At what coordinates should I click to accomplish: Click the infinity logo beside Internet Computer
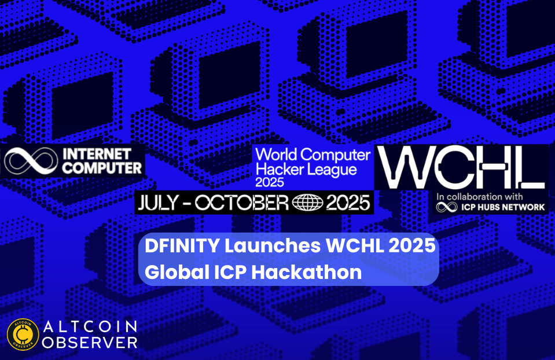(x=31, y=161)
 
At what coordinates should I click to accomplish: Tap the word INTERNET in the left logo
(x=97, y=154)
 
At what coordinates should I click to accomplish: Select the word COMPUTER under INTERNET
(x=102, y=168)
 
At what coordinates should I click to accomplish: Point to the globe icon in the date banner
(x=307, y=203)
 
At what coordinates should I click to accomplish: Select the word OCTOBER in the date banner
(x=242, y=203)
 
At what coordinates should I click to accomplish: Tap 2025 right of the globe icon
(x=348, y=203)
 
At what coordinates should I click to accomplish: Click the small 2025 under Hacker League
(x=270, y=182)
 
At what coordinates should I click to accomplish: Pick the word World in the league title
(x=277, y=155)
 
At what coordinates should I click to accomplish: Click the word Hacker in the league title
(x=275, y=169)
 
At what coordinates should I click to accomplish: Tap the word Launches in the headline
(x=273, y=245)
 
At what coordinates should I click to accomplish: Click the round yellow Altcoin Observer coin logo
(x=23, y=335)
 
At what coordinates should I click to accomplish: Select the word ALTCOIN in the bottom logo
(x=90, y=327)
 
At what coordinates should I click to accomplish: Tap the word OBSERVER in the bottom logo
(x=90, y=342)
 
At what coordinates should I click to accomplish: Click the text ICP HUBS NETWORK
(x=503, y=207)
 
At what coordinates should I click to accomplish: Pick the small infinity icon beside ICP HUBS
(x=447, y=207)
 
